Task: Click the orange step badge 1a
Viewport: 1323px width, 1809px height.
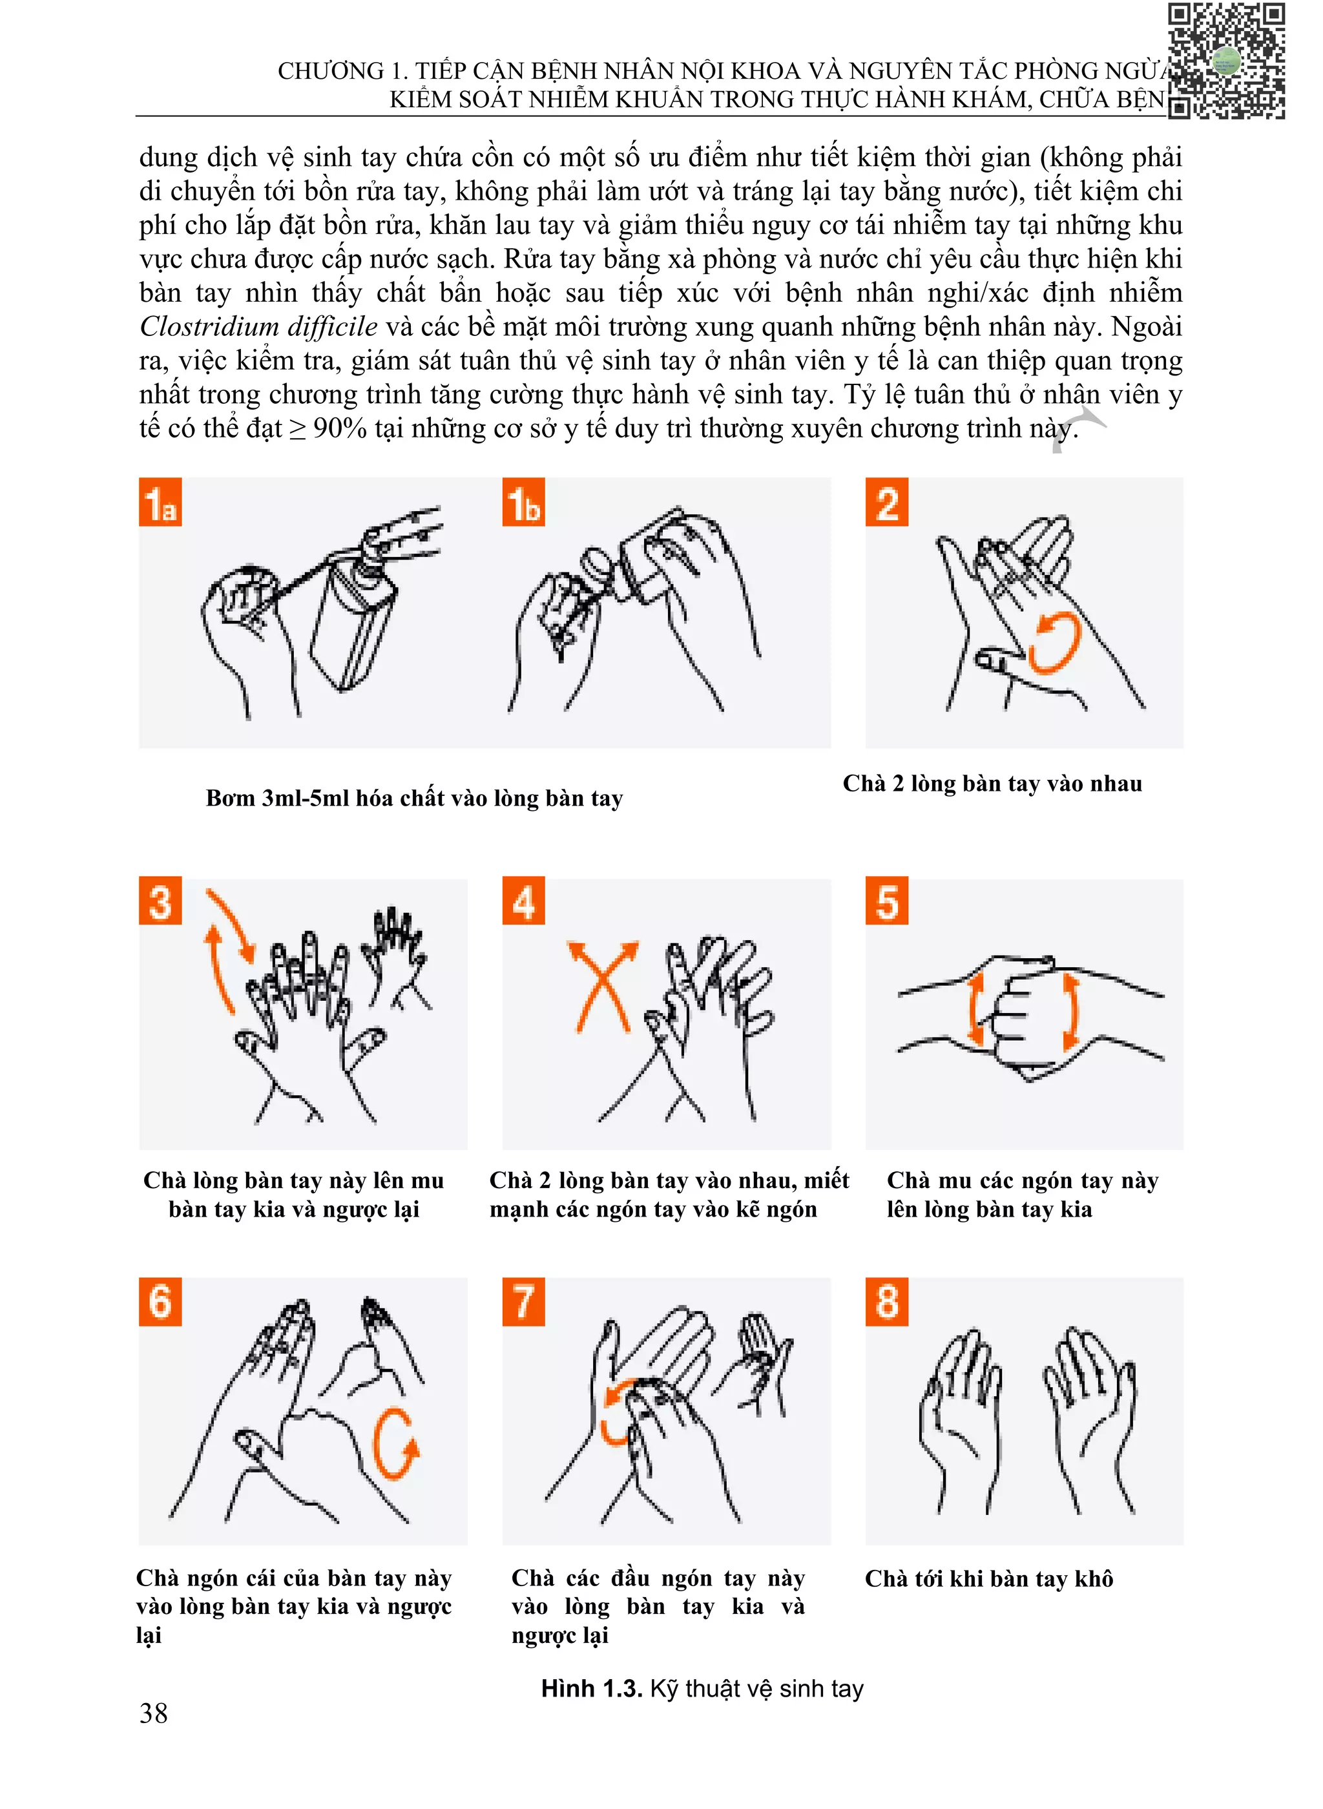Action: click(x=160, y=501)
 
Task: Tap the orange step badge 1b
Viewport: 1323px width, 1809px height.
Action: click(x=524, y=501)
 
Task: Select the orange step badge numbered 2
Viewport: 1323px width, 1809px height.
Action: click(x=886, y=501)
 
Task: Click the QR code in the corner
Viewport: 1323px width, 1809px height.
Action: click(x=1226, y=61)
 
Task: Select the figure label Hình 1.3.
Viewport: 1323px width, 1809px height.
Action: click(x=592, y=1689)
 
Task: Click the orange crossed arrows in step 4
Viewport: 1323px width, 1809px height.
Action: click(x=603, y=987)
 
